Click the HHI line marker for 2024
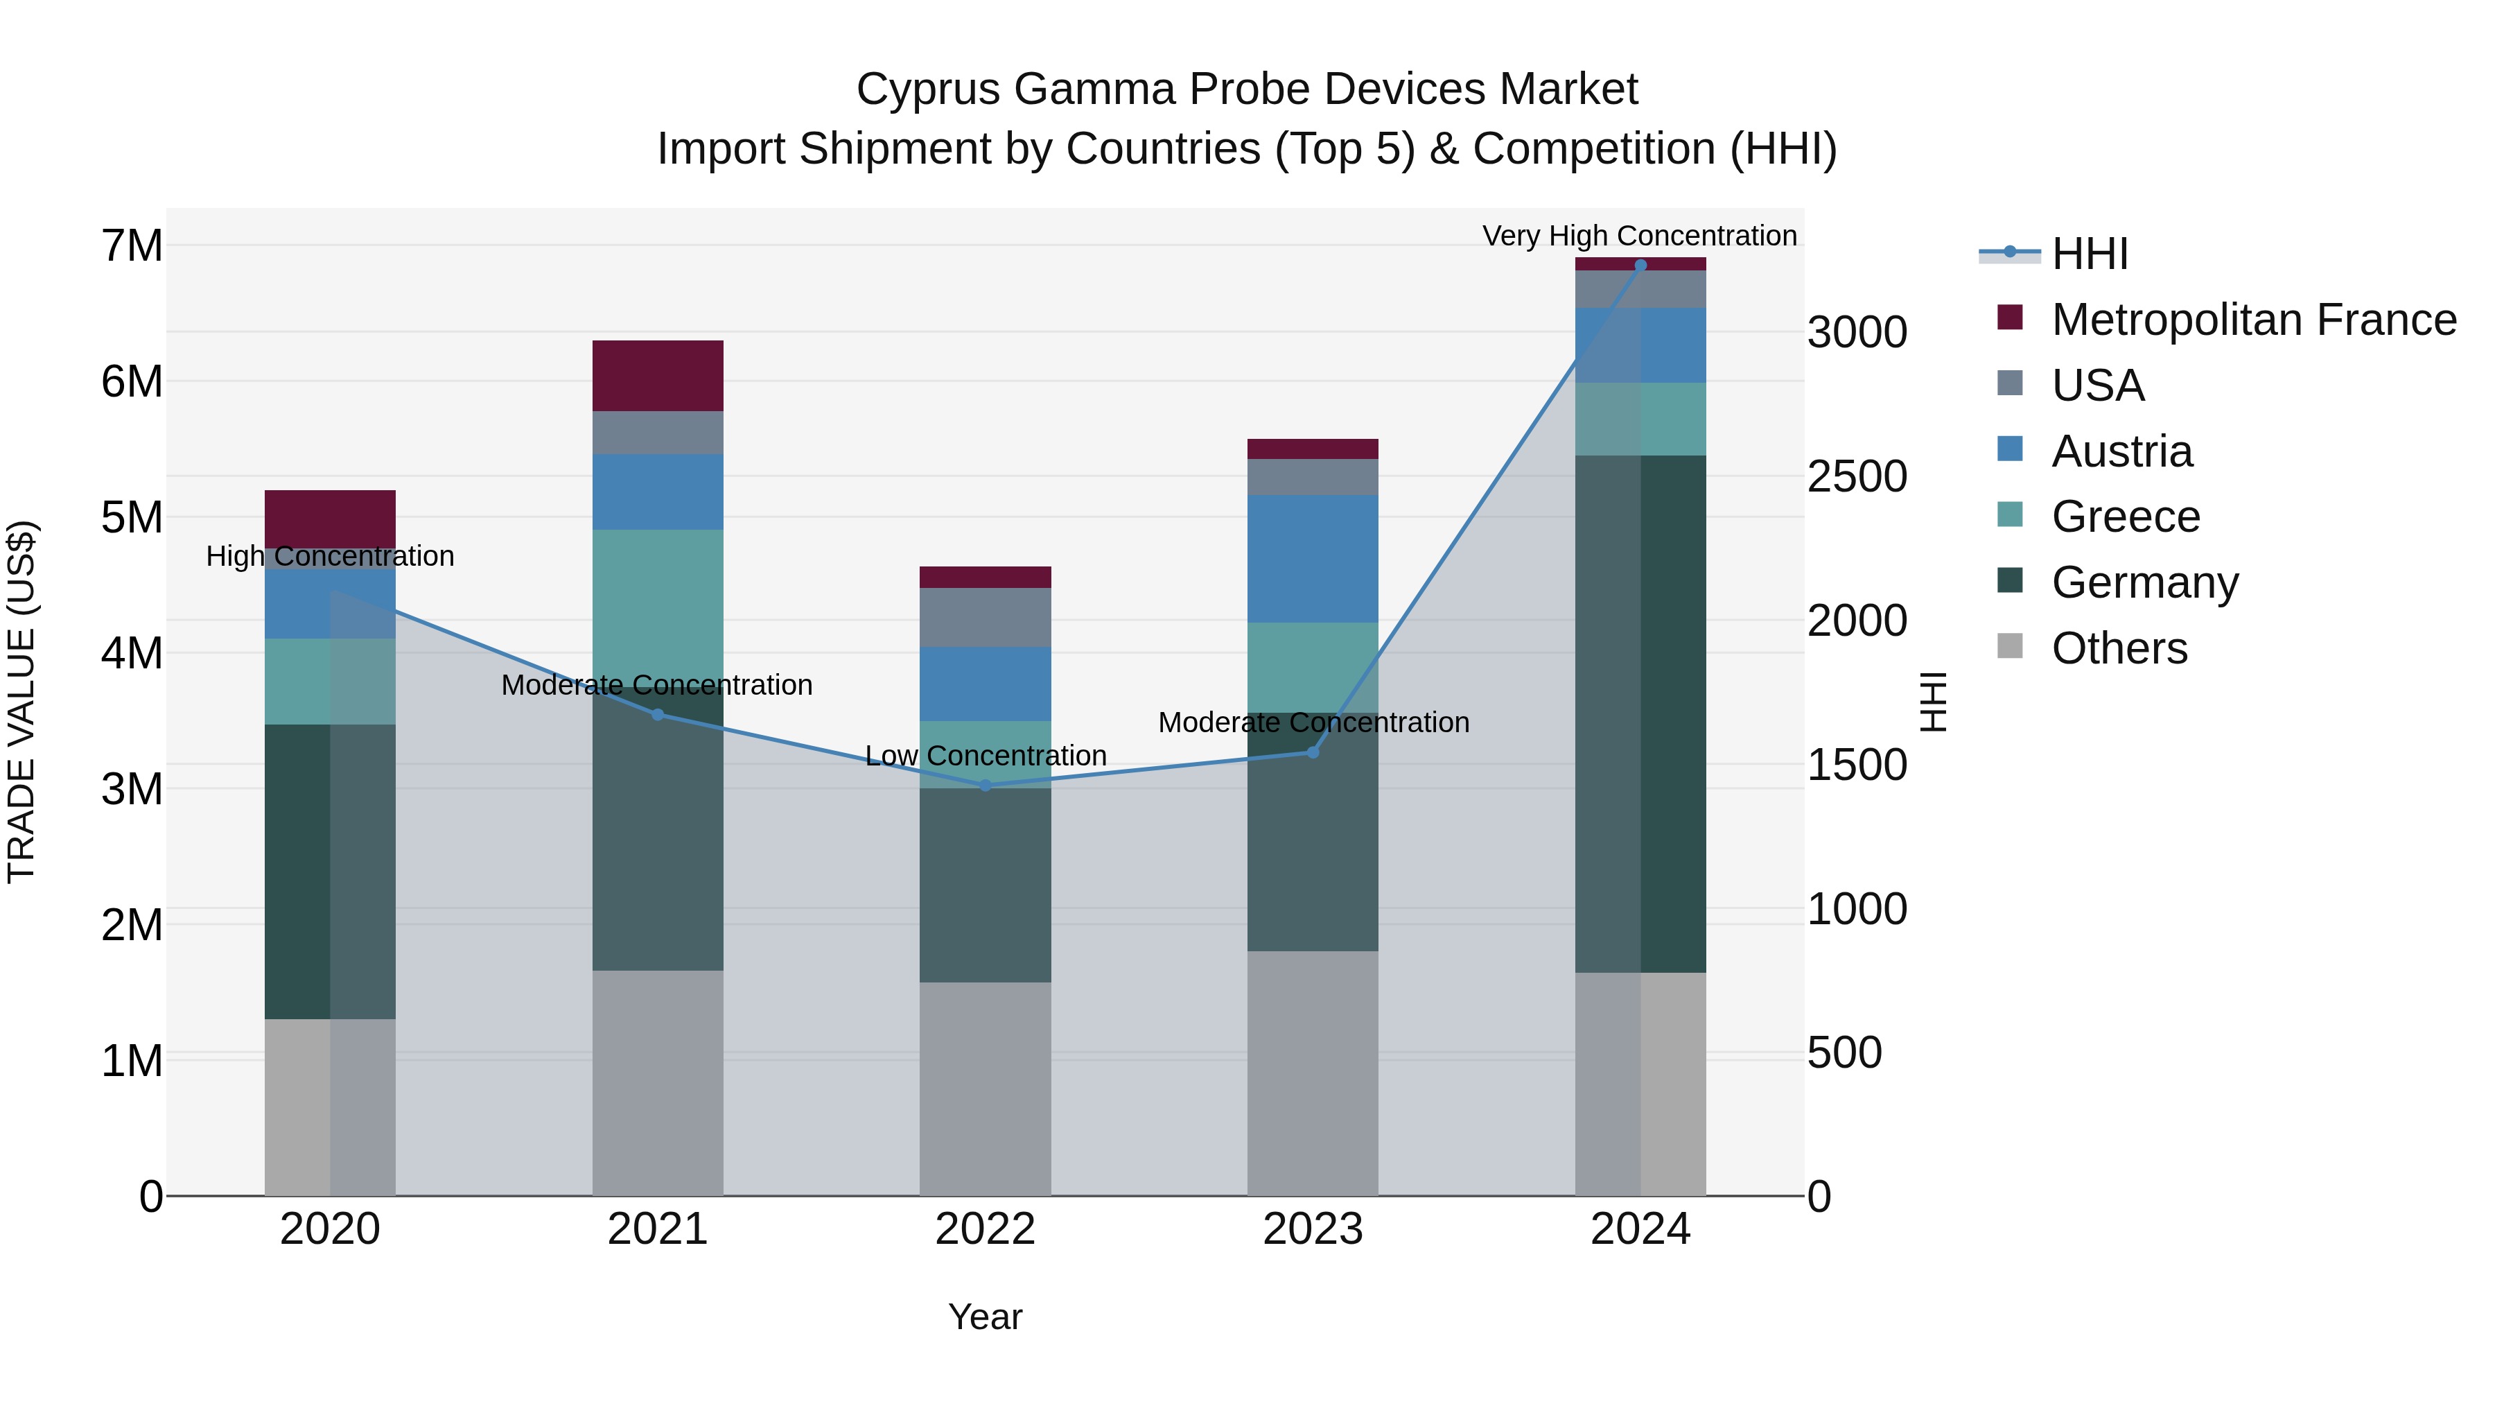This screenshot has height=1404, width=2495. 1640,265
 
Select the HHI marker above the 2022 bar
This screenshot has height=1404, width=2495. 986,786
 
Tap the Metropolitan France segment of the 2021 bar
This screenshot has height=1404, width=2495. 658,375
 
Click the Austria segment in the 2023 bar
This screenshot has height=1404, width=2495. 1313,558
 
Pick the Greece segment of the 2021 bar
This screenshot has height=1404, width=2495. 658,600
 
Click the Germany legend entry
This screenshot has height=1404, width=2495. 2144,582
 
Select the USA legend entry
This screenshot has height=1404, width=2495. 2097,385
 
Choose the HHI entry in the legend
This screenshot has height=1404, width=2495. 2089,254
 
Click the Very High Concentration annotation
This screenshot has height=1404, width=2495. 1639,236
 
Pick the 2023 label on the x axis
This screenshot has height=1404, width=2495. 1313,1229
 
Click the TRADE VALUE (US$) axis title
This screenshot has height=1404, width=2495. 21,702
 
